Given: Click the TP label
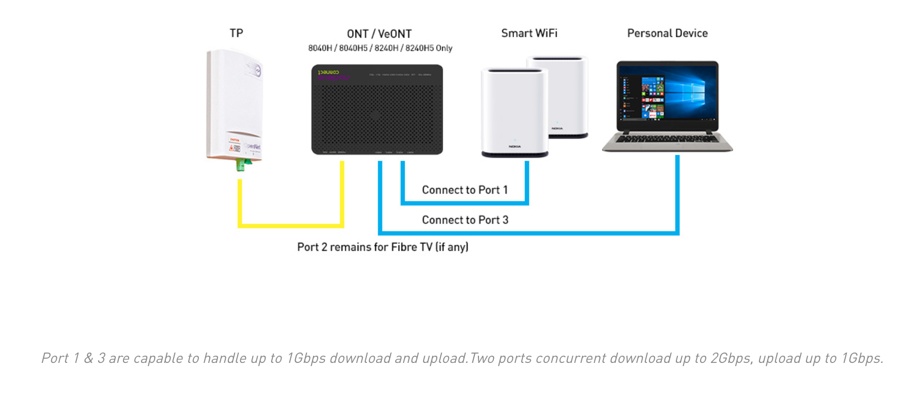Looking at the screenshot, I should coord(236,33).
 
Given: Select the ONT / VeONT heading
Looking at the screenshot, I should coord(379,34).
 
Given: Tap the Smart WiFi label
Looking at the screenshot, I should coord(529,33).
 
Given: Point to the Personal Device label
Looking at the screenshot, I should coord(667,33).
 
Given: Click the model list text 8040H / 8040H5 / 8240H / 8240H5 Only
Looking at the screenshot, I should coord(380,48).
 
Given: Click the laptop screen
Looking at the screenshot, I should coord(667,97).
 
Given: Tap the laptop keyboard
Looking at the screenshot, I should coord(667,139).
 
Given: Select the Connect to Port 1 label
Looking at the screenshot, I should coord(465,190).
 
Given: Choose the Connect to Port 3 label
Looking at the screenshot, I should coord(465,220).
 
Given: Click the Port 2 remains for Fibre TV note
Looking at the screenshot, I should coord(382,247).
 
